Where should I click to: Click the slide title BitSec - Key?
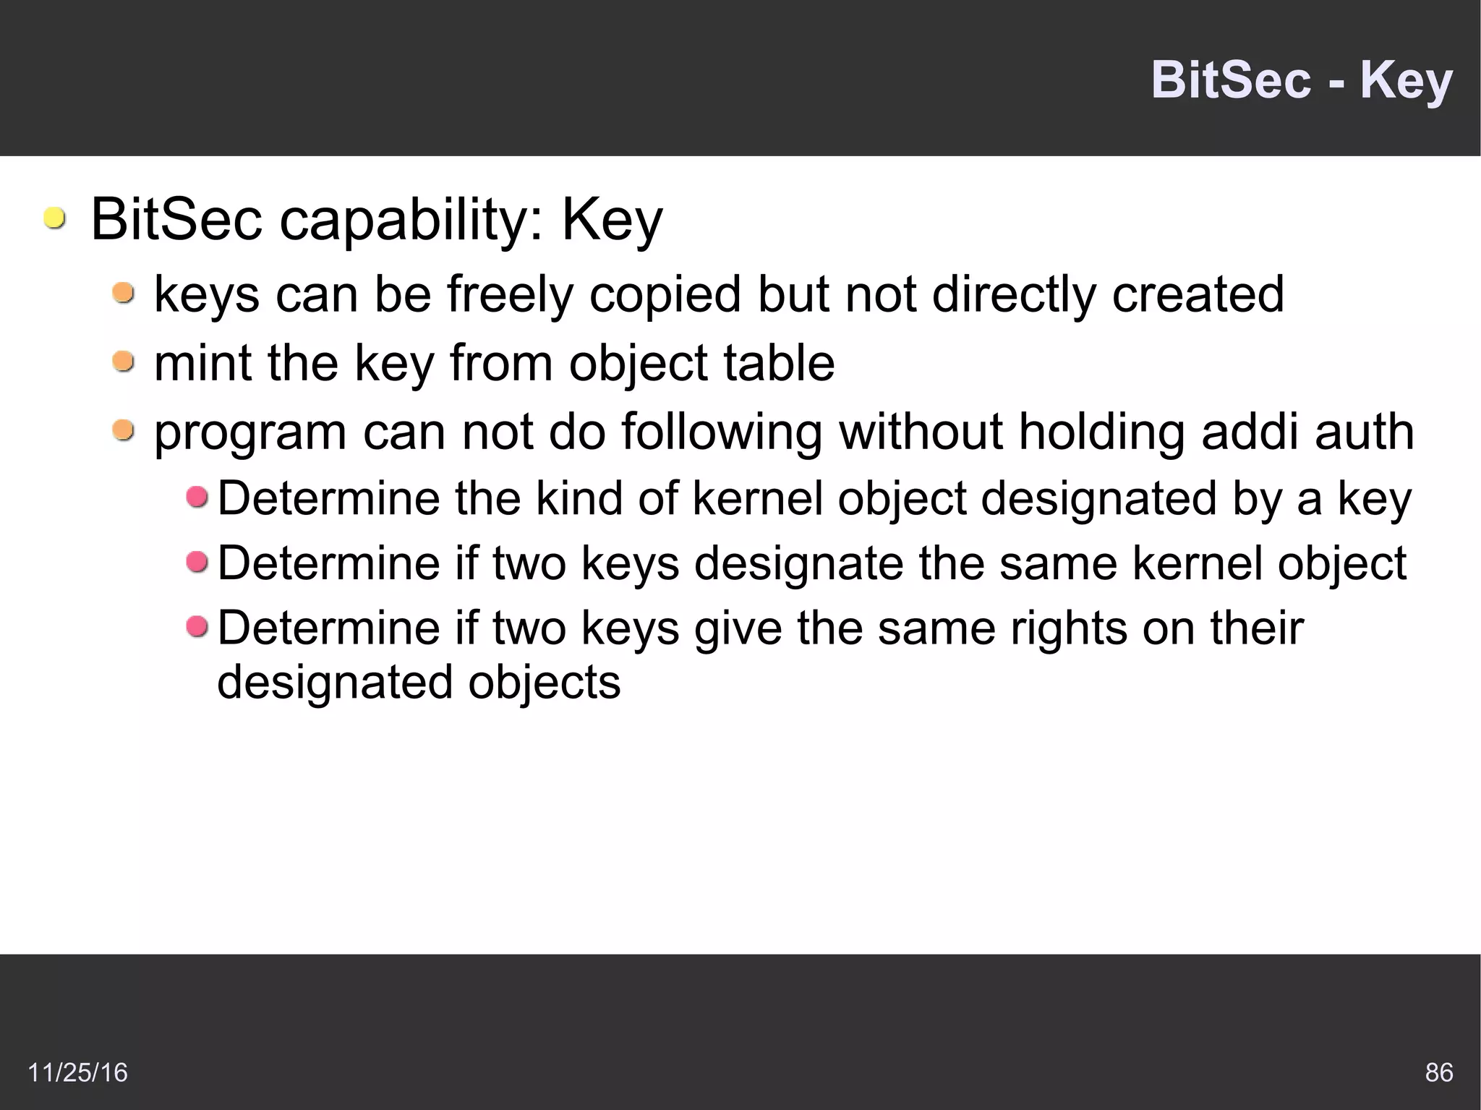coord(1301,80)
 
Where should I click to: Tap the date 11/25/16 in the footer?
coord(77,1072)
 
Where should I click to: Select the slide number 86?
coord(1438,1072)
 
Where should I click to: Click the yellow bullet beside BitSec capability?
coord(54,218)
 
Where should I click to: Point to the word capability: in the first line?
coord(411,221)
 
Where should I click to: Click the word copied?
coord(665,295)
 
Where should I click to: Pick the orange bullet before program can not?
coord(124,430)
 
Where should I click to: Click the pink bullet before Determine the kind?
coord(197,497)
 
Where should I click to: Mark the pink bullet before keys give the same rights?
coord(197,626)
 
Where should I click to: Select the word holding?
coord(1101,432)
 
